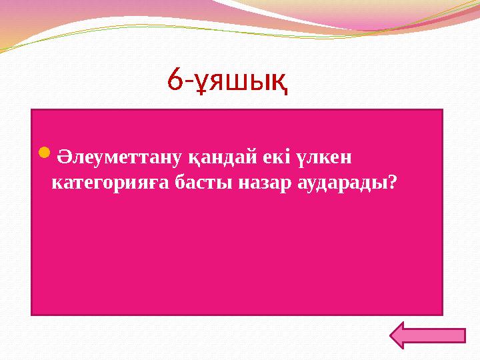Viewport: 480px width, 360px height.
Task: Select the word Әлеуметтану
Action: (110, 157)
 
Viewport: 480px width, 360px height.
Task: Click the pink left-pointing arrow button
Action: (427, 335)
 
